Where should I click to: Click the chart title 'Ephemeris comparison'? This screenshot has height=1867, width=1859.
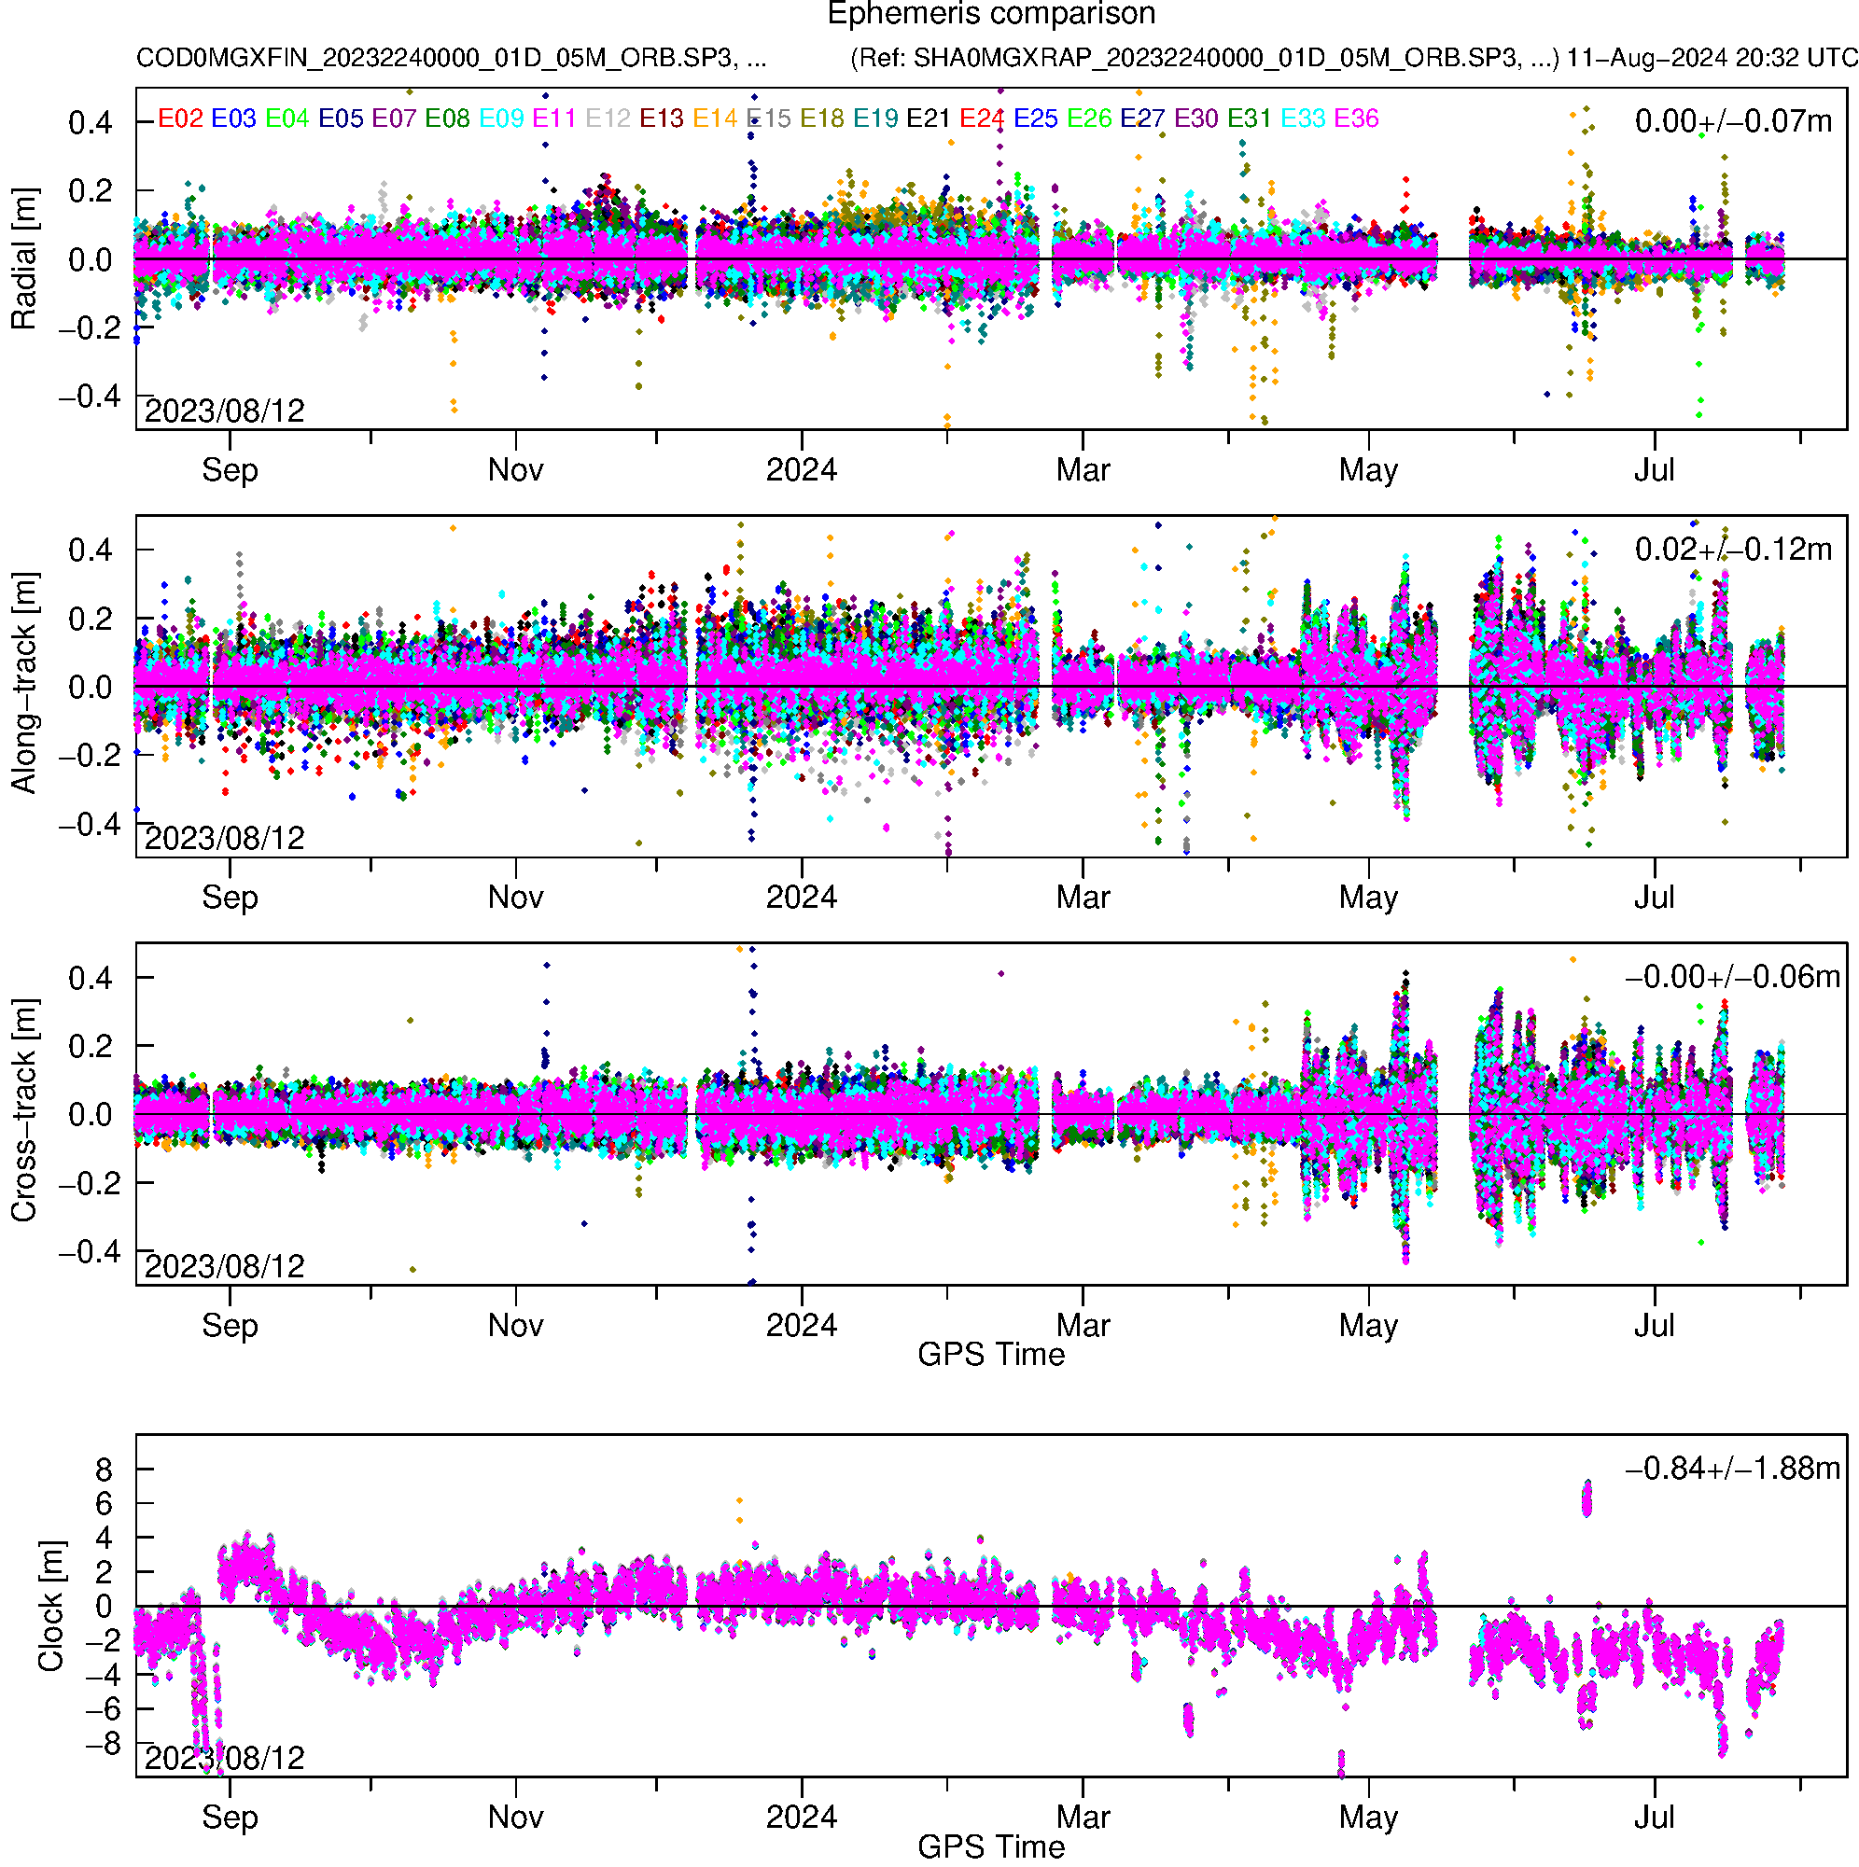tap(991, 15)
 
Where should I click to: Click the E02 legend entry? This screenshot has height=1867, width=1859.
tap(180, 118)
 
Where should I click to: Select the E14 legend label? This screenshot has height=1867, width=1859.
tap(716, 118)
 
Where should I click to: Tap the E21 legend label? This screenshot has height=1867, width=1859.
tap(928, 118)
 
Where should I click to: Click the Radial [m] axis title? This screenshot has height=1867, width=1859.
tap(23, 259)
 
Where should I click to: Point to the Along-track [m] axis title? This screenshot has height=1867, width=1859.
tap(23, 684)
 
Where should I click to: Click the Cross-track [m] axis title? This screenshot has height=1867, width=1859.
tap(23, 1111)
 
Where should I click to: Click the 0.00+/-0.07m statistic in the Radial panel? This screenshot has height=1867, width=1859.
tap(1732, 121)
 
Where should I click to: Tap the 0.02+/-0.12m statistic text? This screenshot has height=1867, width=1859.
tap(1732, 550)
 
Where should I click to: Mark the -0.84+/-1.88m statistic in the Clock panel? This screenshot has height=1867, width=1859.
tap(1732, 1469)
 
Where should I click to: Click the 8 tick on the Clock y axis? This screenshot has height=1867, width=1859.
tap(104, 1470)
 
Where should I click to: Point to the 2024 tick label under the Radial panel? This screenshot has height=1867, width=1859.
tap(802, 470)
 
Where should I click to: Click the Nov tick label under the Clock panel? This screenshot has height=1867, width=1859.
tap(515, 1818)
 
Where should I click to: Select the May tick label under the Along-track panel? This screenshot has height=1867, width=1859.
tap(1368, 898)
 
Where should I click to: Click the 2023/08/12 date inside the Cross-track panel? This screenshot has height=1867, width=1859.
tap(224, 1266)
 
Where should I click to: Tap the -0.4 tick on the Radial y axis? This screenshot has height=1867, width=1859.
tap(90, 397)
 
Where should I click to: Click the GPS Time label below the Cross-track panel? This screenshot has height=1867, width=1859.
tap(991, 1355)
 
